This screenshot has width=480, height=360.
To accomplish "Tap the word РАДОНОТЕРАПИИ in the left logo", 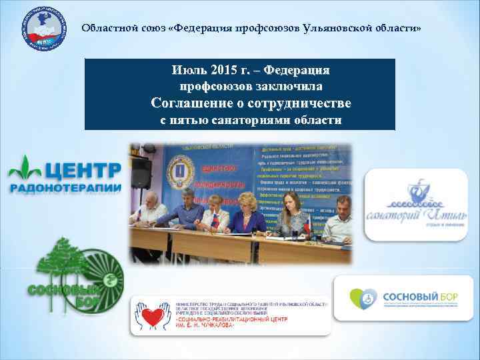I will pyautogui.click(x=65, y=188).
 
